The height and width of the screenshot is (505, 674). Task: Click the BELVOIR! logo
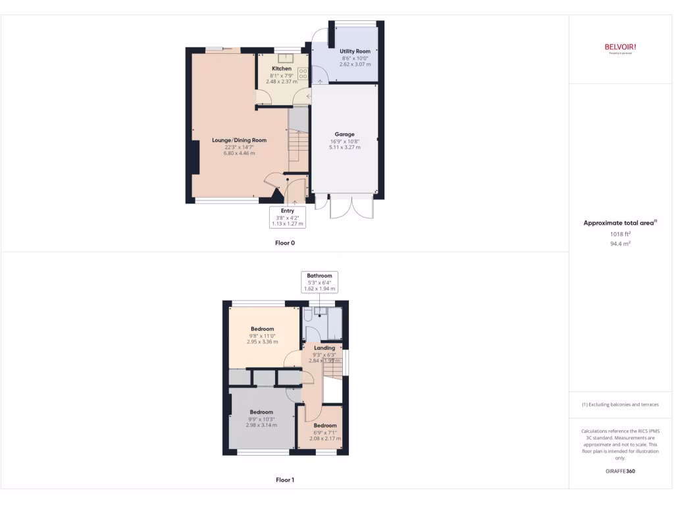[x=620, y=47]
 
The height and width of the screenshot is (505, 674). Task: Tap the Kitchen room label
[x=282, y=68]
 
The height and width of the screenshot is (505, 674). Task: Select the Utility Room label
[x=355, y=51]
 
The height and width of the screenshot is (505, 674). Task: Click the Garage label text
[x=344, y=134]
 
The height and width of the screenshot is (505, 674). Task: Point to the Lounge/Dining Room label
[x=239, y=140]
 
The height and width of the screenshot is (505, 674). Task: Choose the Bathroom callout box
[x=319, y=281]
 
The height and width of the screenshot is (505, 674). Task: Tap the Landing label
[x=324, y=348]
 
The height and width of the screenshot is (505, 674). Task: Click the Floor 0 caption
[x=285, y=243]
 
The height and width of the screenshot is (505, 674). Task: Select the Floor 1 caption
[x=285, y=480]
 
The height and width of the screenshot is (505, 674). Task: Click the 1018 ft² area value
[x=619, y=233]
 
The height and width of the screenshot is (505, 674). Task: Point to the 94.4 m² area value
[x=619, y=243]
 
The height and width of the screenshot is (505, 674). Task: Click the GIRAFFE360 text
[x=620, y=471]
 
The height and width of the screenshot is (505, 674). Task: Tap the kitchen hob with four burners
[x=304, y=73]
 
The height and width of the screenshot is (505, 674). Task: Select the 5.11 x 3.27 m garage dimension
[x=344, y=147]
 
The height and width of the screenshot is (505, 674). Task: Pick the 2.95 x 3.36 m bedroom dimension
[x=262, y=342]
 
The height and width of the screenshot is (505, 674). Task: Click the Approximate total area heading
[x=619, y=223]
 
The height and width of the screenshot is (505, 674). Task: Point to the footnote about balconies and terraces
[x=620, y=404]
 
